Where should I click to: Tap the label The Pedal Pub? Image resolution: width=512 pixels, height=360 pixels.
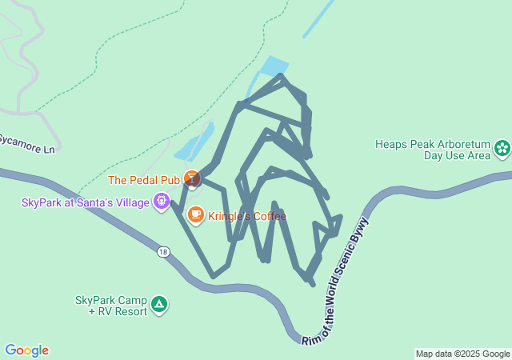(x=144, y=180)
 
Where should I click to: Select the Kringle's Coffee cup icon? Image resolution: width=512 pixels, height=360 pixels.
(x=195, y=214)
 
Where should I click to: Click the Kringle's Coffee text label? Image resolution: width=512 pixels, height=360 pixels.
(x=247, y=216)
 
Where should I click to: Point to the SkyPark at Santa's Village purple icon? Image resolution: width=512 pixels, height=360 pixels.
(x=162, y=201)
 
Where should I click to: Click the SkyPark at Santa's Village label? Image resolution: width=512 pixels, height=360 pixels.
(x=86, y=202)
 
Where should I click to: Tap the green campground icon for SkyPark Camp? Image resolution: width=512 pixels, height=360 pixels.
(x=159, y=304)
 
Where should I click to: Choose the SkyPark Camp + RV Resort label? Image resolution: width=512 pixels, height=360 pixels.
(x=111, y=306)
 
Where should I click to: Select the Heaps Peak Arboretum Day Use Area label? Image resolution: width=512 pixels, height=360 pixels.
(x=433, y=150)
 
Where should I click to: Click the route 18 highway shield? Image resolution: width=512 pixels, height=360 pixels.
(x=164, y=252)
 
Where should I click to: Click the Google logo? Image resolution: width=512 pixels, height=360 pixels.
(x=26, y=350)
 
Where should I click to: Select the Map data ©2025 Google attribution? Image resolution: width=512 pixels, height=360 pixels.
(x=462, y=354)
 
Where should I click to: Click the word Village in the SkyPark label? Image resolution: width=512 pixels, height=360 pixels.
(x=132, y=202)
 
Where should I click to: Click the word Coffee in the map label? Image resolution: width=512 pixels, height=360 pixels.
(x=269, y=216)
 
